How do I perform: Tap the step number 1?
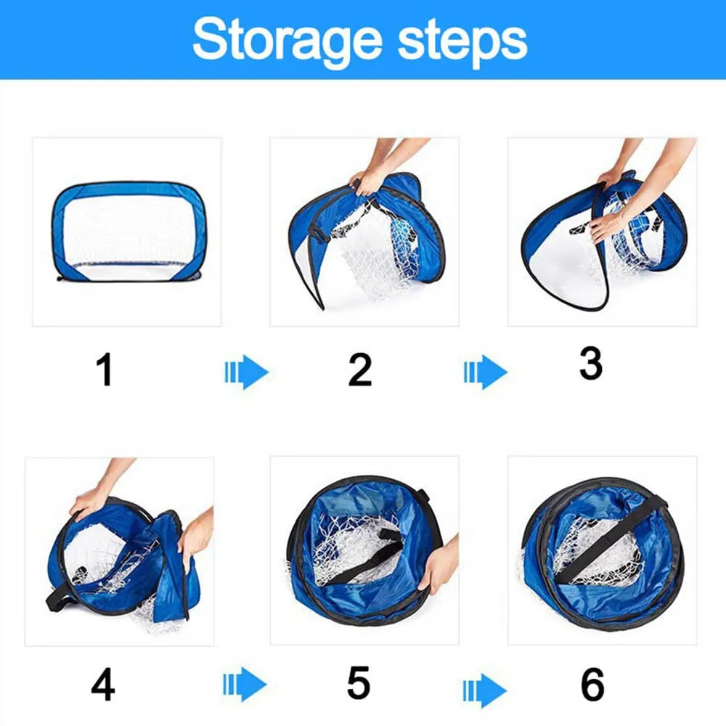point(105,370)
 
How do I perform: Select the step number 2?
point(360,370)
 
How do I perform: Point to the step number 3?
point(590,364)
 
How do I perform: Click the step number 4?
point(103,685)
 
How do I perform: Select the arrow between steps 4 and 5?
point(244,685)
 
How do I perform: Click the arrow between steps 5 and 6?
point(484,685)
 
